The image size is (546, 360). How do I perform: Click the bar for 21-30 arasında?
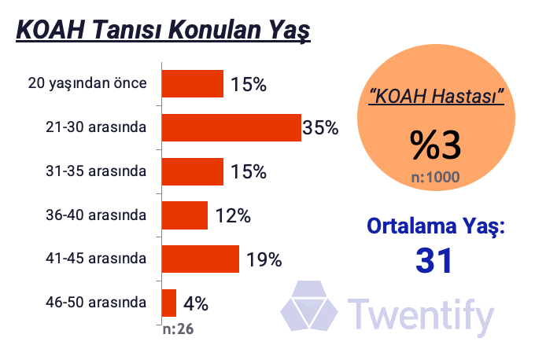231,127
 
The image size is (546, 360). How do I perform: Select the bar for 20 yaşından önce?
193,84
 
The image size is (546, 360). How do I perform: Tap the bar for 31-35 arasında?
193,171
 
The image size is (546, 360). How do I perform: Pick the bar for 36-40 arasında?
185,215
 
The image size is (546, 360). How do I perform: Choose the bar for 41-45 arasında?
201,259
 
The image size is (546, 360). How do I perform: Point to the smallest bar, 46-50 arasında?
169,303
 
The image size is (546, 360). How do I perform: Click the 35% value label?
320,127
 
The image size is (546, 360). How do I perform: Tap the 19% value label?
264,259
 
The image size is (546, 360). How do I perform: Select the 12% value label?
233,215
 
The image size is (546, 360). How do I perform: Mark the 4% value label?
196,303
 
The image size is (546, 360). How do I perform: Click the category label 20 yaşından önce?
87,83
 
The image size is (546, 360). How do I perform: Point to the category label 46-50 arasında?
96,303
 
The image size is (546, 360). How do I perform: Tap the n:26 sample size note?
179,329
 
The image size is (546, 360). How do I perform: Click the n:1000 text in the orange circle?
435,178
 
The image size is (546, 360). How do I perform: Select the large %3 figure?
435,145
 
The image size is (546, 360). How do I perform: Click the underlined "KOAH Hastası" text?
437,96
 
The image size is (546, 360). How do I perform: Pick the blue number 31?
434,260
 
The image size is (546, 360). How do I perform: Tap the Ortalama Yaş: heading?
436,227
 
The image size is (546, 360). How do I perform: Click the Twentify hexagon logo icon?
309,306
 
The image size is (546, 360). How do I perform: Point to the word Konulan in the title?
216,30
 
